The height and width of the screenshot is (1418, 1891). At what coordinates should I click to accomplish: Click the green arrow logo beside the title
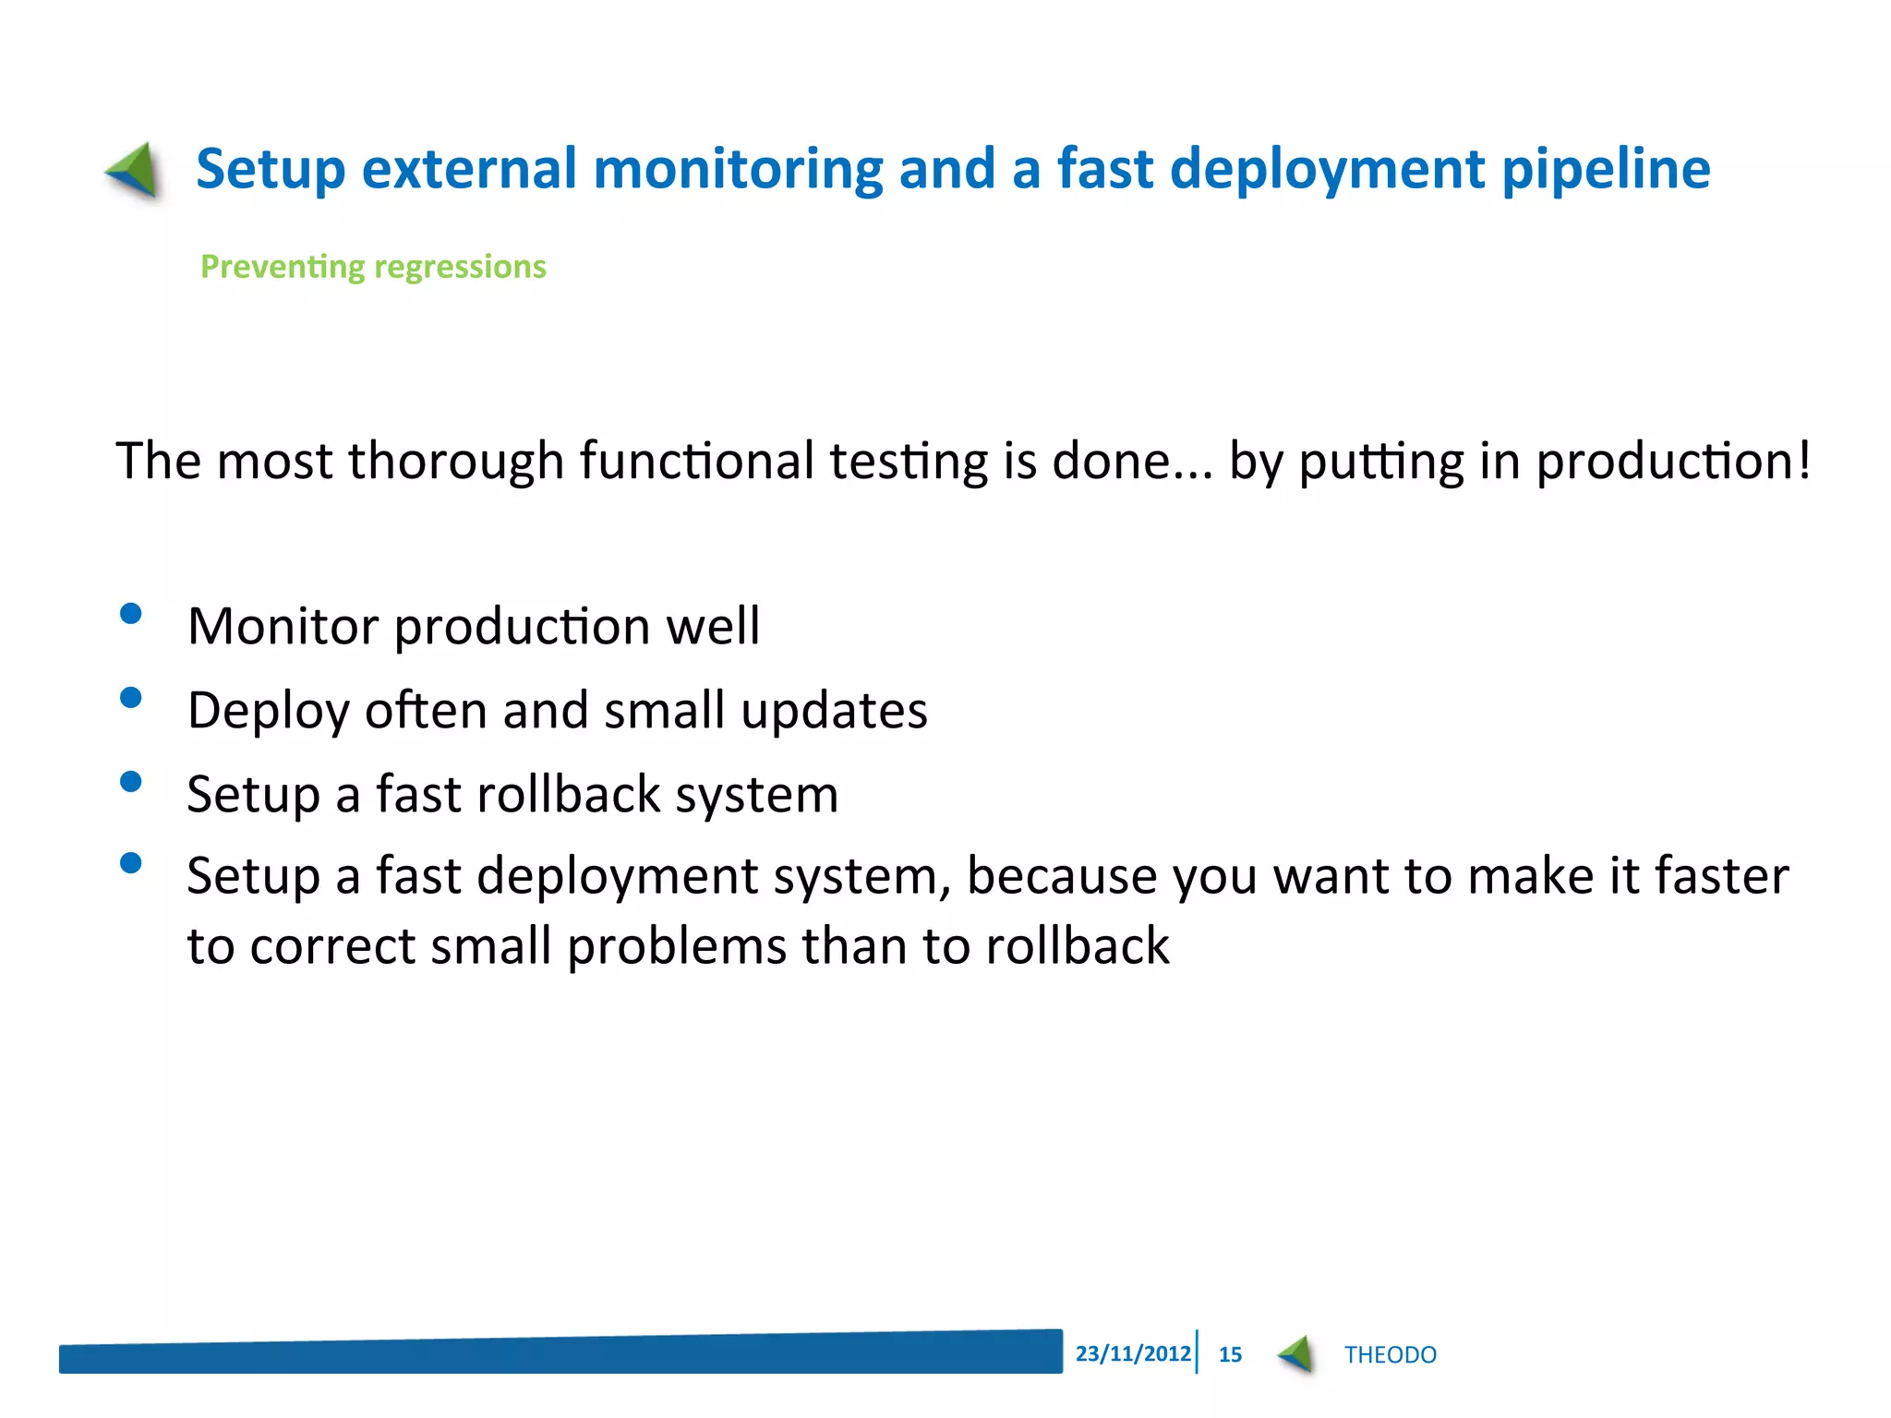tap(135, 171)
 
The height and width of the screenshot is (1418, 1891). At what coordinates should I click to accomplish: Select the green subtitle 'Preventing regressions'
tap(373, 267)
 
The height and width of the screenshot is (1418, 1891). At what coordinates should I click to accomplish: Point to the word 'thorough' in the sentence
tap(455, 461)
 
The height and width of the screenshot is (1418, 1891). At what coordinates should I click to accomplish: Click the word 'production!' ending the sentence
tap(1672, 461)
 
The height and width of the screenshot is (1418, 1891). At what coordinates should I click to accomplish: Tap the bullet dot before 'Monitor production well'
tap(131, 614)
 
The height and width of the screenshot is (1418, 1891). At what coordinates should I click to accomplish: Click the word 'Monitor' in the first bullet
tap(283, 626)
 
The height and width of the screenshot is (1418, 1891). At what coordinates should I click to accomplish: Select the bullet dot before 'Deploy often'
tap(131, 697)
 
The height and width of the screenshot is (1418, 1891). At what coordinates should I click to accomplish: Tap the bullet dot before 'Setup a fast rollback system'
tap(131, 782)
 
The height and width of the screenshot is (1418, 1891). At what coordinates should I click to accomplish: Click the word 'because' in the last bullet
tap(1061, 875)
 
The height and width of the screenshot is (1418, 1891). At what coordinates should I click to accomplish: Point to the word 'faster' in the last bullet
tap(1721, 875)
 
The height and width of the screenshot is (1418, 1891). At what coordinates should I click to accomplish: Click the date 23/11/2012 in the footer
tap(1133, 1353)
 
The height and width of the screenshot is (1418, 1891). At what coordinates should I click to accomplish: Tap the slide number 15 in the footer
tap(1230, 1354)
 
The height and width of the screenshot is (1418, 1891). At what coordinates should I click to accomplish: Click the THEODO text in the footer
tap(1390, 1354)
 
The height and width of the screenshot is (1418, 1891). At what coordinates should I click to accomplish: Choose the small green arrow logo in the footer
tap(1296, 1354)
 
